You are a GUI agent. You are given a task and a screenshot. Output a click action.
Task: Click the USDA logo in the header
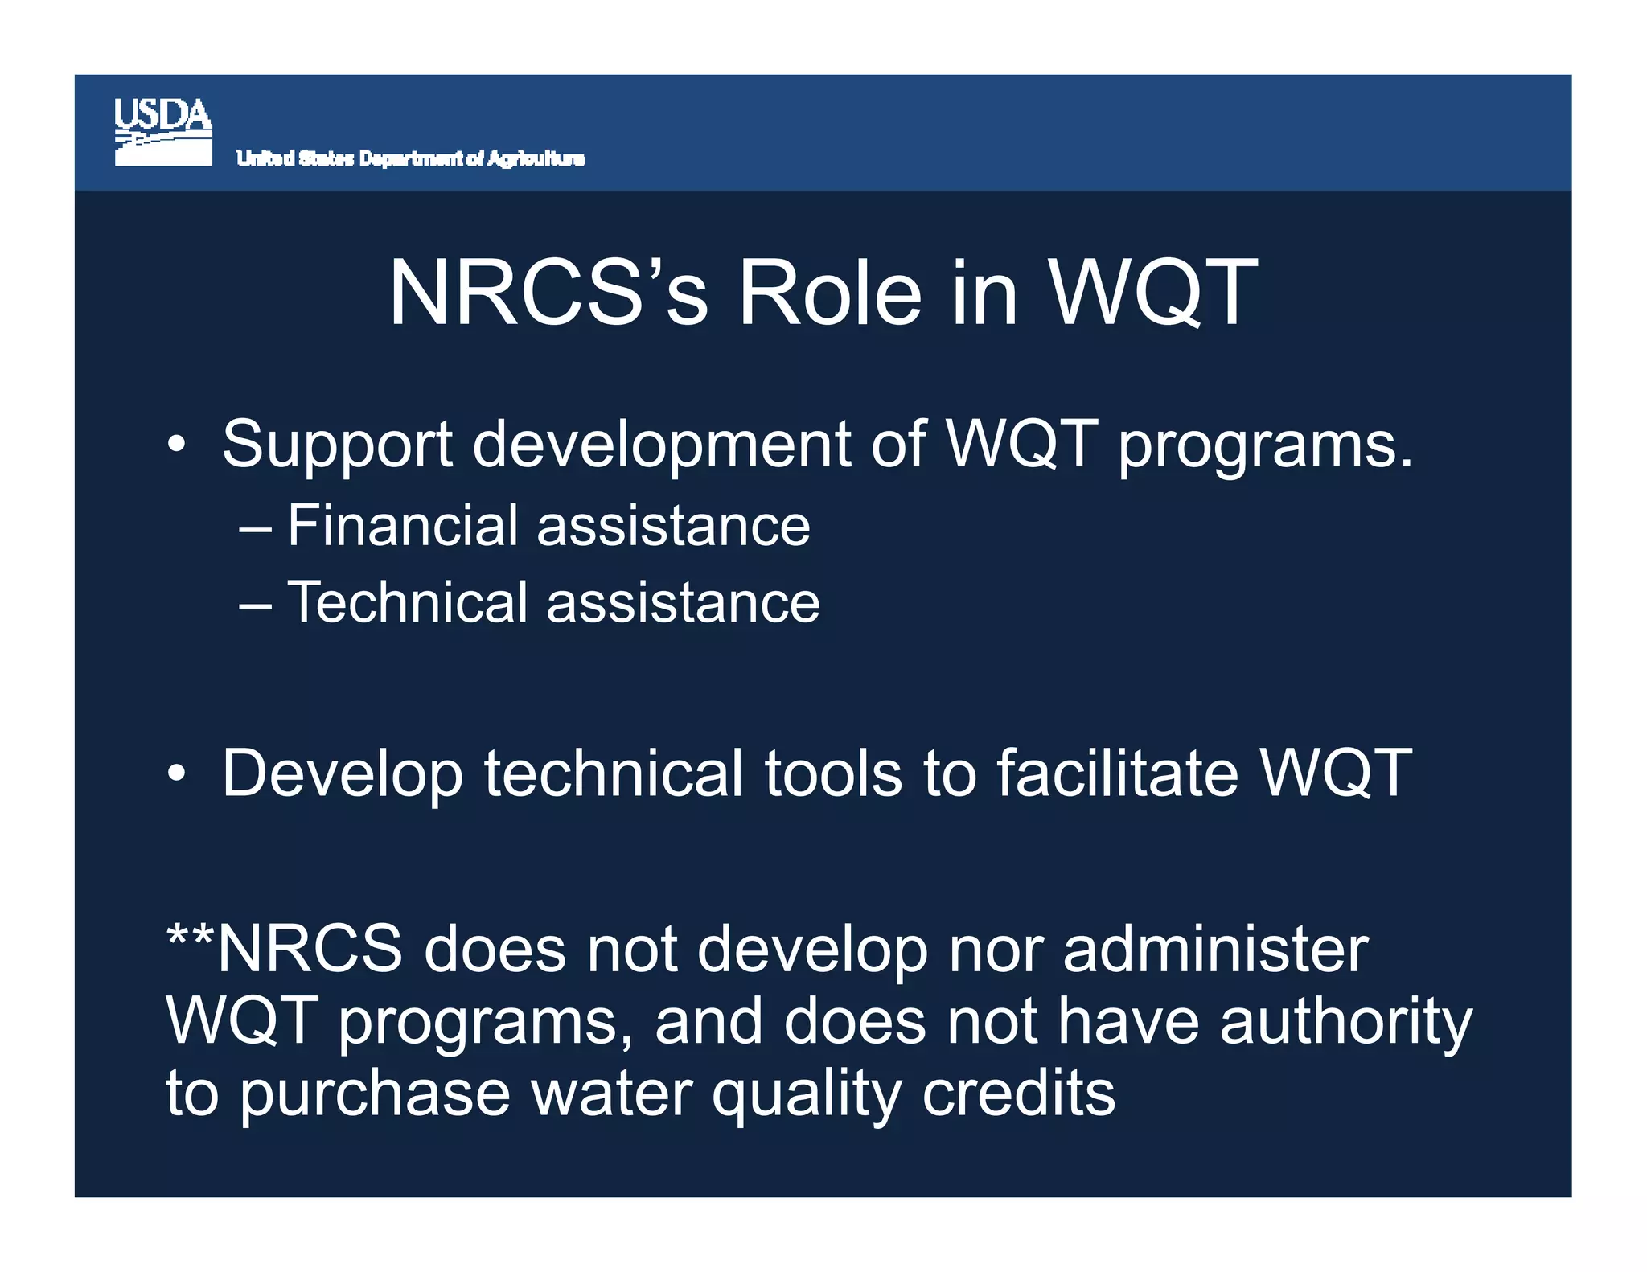[x=163, y=132]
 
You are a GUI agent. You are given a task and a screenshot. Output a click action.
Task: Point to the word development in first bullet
[x=661, y=446]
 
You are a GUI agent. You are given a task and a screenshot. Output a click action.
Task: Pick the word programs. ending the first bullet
[x=1264, y=446]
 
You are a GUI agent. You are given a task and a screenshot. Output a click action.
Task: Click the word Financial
[x=402, y=526]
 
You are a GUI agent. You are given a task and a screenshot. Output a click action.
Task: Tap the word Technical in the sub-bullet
[x=407, y=602]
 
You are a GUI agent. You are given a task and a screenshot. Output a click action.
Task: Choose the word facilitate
[x=1117, y=773]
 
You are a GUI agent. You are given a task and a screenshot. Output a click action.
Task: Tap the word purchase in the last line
[x=375, y=1096]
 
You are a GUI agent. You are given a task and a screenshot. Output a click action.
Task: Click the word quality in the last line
[x=806, y=1096]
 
